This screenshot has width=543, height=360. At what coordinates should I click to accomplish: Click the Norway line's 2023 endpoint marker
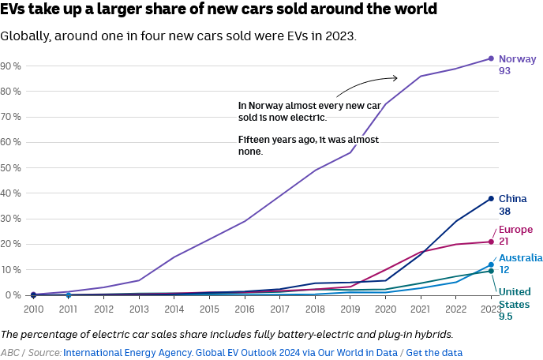(491, 58)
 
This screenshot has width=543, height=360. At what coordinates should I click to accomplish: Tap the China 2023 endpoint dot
(491, 198)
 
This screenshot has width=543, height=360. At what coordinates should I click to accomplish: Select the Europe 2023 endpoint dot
(491, 242)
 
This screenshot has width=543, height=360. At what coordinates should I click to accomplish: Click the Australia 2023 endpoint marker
(491, 265)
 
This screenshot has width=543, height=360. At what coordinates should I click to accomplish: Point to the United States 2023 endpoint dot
(491, 271)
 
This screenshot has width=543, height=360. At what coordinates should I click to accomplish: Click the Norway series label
(517, 58)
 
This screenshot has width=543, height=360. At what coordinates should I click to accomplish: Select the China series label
(512, 199)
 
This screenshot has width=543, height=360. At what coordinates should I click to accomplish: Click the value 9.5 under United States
(507, 317)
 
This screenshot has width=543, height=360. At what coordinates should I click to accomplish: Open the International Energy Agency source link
(230, 353)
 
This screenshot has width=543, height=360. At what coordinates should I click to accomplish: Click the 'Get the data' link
(435, 353)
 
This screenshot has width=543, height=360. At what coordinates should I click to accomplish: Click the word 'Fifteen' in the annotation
(256, 140)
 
